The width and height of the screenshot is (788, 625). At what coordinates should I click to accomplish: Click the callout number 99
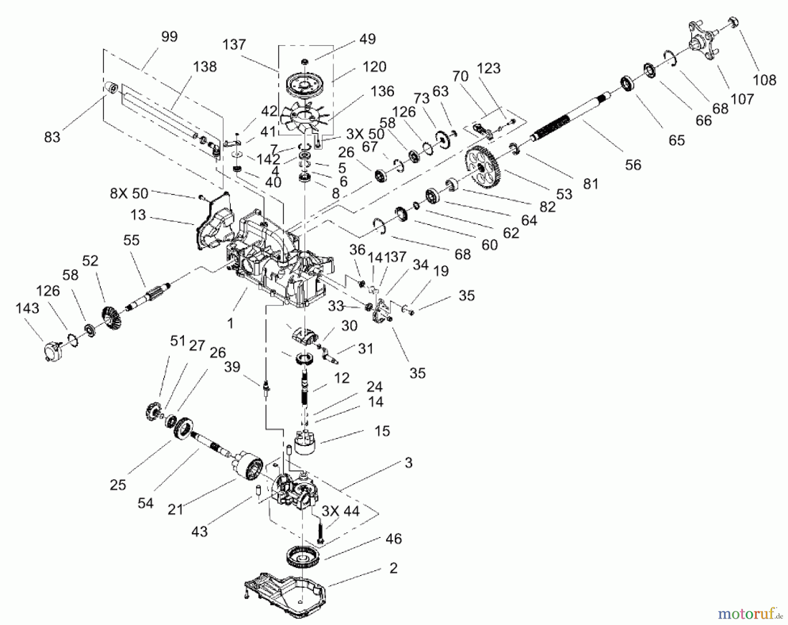pos(169,37)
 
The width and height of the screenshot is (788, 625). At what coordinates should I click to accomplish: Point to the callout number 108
pos(764,80)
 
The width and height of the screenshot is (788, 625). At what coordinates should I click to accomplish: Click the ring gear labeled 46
pos(303,558)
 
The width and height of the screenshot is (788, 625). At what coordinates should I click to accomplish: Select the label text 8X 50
pos(129,193)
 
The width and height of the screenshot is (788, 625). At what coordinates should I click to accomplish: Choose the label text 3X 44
pos(340,511)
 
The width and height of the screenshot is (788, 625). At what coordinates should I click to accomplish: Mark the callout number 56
pos(633,165)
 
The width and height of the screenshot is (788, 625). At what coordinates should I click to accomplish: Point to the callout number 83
pos(52,137)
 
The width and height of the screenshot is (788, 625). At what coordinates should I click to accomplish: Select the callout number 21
pos(175,509)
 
